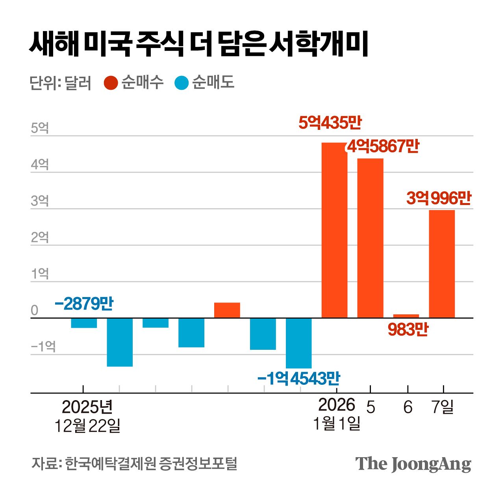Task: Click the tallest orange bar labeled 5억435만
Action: [x=334, y=230]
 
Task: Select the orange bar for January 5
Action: [x=370, y=238]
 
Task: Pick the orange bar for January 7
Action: [x=442, y=264]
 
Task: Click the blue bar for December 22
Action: [x=84, y=323]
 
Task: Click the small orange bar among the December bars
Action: [x=227, y=310]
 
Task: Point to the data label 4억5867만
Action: [x=383, y=146]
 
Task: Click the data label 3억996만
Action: [x=439, y=198]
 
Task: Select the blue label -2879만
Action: [x=84, y=304]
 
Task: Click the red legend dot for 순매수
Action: [x=111, y=83]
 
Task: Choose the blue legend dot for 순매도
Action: [x=182, y=83]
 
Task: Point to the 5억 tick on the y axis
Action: [x=40, y=128]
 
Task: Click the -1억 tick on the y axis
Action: [x=43, y=347]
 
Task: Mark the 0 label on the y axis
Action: [x=35, y=310]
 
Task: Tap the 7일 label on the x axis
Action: [x=443, y=406]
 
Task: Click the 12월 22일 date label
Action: [x=87, y=426]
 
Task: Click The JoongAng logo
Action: [x=413, y=464]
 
